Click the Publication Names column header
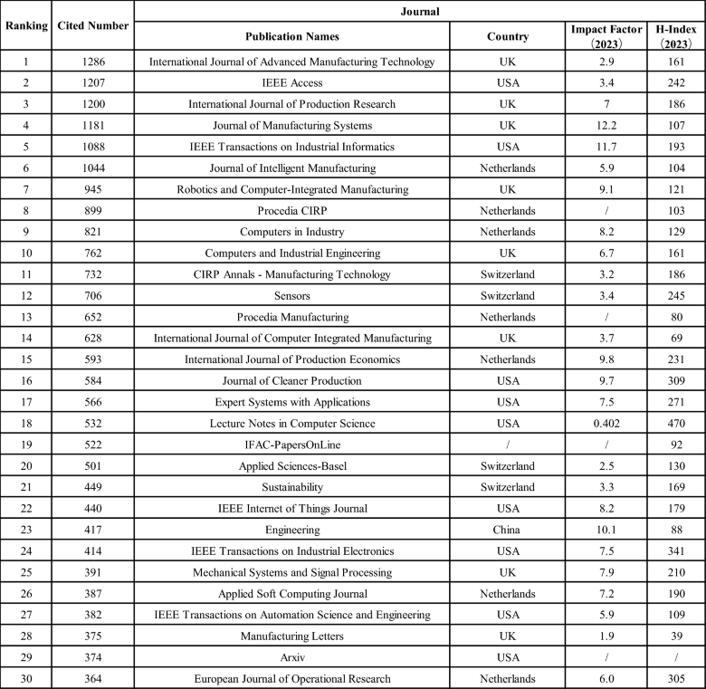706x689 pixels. (x=291, y=37)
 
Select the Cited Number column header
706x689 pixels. (x=92, y=25)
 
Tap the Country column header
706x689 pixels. (x=507, y=37)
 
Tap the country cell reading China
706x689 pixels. (x=507, y=528)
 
